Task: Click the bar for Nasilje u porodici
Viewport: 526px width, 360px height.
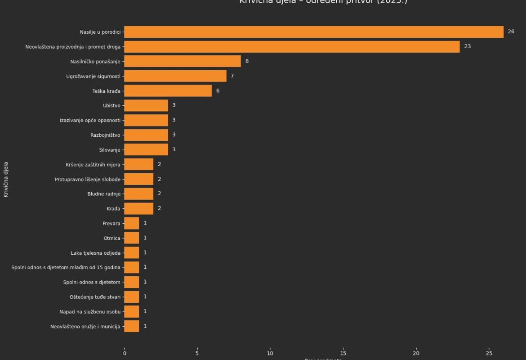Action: click(x=314, y=32)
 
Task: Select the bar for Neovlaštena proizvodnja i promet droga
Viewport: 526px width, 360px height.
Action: click(x=292, y=47)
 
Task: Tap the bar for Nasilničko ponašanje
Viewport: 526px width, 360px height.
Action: click(x=183, y=61)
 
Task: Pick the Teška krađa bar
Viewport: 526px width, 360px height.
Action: click(x=168, y=91)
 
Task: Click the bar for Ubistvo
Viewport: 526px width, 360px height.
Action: click(x=146, y=106)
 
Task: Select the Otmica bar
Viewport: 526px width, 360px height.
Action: click(x=132, y=238)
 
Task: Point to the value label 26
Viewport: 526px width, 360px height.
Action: click(x=511, y=32)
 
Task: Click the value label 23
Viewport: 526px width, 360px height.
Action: click(x=467, y=47)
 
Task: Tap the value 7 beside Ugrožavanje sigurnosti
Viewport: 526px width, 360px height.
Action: click(x=232, y=76)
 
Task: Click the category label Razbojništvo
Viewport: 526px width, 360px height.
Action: click(x=105, y=135)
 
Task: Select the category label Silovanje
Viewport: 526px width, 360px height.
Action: click(x=110, y=150)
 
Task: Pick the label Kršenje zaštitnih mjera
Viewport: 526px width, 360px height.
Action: click(x=93, y=165)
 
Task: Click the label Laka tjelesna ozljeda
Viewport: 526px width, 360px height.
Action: click(x=95, y=253)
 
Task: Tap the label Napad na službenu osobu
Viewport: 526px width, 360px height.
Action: click(x=90, y=312)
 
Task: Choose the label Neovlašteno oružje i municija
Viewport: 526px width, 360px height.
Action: click(x=85, y=327)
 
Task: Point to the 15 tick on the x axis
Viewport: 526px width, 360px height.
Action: click(x=343, y=353)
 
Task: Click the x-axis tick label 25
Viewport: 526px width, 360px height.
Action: click(x=489, y=353)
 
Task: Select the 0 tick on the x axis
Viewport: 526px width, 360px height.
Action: click(x=125, y=353)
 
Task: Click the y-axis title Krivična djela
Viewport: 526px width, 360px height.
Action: click(x=6, y=180)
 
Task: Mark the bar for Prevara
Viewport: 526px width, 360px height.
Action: click(x=132, y=223)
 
